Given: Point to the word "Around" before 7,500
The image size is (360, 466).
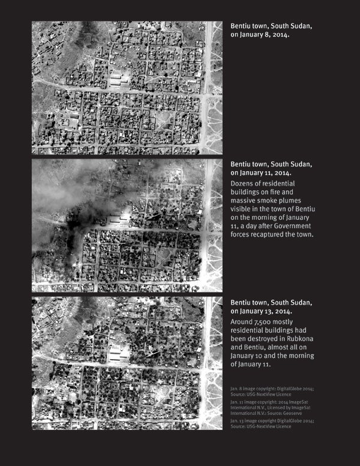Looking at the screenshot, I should click(x=244, y=322).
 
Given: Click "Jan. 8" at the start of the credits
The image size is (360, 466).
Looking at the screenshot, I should click(x=236, y=389).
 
